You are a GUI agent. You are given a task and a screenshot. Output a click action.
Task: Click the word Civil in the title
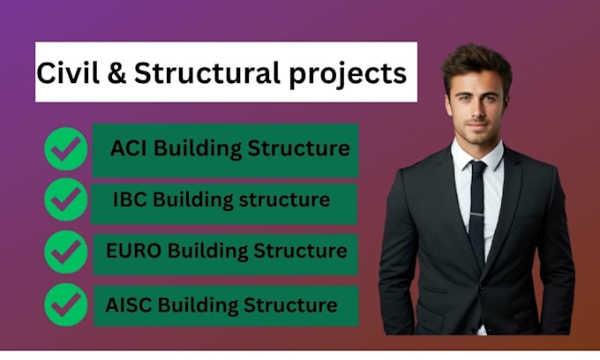(x=68, y=72)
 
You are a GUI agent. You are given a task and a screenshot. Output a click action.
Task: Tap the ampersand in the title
(x=116, y=72)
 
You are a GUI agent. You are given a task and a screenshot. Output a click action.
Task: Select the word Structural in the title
(x=207, y=72)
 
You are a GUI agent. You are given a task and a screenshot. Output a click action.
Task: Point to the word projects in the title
(x=348, y=75)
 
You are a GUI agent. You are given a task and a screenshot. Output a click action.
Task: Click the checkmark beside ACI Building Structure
(x=66, y=149)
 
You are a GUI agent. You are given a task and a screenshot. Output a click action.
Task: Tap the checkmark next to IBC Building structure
(x=66, y=199)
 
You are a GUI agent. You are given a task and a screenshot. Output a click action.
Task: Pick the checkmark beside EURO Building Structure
(x=66, y=251)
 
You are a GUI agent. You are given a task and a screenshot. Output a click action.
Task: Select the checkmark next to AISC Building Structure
(x=66, y=304)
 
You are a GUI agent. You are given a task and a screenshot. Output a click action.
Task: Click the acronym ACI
(x=128, y=148)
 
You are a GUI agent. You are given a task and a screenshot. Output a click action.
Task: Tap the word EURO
(x=133, y=251)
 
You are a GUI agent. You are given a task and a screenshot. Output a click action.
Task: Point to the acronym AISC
(x=129, y=305)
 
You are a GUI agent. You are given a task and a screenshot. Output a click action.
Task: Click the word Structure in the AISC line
(x=290, y=305)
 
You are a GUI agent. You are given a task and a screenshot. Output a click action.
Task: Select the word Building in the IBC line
(x=193, y=200)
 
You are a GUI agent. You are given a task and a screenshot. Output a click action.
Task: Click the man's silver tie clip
(x=477, y=215)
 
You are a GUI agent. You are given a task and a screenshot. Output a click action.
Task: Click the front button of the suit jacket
(x=483, y=286)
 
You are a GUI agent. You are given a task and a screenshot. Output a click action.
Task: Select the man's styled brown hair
(x=476, y=64)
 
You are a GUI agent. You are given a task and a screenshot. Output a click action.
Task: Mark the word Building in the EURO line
(x=207, y=251)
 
